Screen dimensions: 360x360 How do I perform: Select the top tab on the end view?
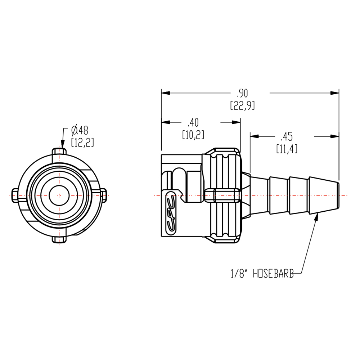pyautogui.click(x=59, y=152)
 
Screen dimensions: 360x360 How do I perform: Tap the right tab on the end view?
pyautogui.click(x=103, y=195)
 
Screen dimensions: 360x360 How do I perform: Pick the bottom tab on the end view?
pyautogui.click(x=59, y=239)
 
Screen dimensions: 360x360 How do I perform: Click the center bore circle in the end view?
pyautogui.click(x=59, y=195)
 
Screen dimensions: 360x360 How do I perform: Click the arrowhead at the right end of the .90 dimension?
pyautogui.click(x=336, y=93)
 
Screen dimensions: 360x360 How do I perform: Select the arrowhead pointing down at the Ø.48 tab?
pyautogui.click(x=63, y=144)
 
